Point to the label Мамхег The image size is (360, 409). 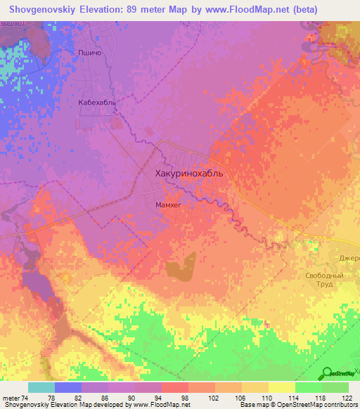[169, 204]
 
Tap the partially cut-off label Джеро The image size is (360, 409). [349, 258]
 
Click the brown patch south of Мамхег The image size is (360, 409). [181, 268]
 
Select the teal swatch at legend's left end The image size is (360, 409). [41, 387]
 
